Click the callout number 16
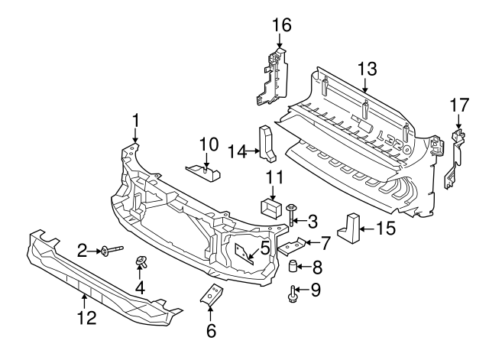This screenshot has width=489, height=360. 282,24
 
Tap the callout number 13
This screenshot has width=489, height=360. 367,69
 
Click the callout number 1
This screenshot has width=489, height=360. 135,120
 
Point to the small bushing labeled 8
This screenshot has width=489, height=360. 293,267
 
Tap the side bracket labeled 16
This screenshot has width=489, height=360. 271,79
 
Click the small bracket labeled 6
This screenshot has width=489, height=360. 211,298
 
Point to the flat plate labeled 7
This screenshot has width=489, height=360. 292,247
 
